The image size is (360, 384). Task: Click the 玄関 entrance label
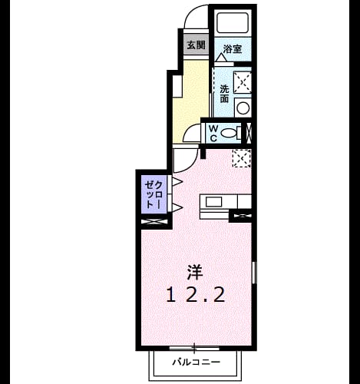point(197,45)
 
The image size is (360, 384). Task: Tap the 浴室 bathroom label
point(233,49)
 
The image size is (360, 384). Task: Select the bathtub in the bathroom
point(233,22)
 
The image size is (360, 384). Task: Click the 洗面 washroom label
point(224,94)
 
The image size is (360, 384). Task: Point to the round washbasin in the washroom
point(243,108)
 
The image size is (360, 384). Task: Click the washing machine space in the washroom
point(243,82)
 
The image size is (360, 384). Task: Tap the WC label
point(213,133)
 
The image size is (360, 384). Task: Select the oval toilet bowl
point(229,133)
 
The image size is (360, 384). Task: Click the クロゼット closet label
point(154,194)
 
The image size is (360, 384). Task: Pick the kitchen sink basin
point(213,202)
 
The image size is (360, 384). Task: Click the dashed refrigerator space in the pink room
point(241,159)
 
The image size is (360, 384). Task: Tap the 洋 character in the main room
point(195,272)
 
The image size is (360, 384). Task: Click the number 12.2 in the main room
point(196,294)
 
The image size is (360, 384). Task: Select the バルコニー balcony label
point(197,362)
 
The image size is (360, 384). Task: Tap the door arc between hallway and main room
point(193,164)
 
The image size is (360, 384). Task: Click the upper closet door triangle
point(177,182)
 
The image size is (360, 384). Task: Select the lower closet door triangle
point(177,207)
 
